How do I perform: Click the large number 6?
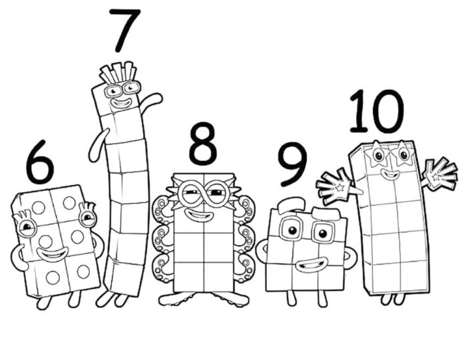pyautogui.click(x=39, y=162)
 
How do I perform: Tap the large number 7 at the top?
pyautogui.click(x=124, y=30)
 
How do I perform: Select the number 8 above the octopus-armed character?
pyautogui.click(x=203, y=144)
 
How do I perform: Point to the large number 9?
pyautogui.click(x=292, y=164)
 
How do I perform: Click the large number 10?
pyautogui.click(x=376, y=111)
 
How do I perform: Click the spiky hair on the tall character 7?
pyautogui.click(x=118, y=71)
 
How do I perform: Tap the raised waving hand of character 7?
pyautogui.click(x=154, y=99)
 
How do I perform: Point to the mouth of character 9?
pyautogui.click(x=308, y=265)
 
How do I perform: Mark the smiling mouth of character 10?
pyautogui.click(x=389, y=175)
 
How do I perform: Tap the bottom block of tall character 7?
pyautogui.click(x=124, y=275)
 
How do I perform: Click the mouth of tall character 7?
pyautogui.click(x=121, y=104)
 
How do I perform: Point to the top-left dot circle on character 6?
pyautogui.click(x=39, y=208)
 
